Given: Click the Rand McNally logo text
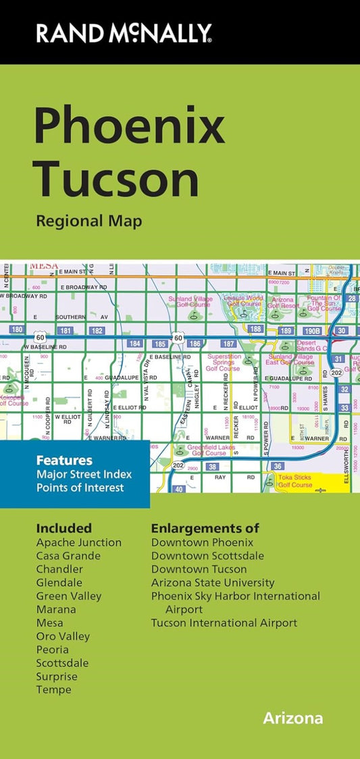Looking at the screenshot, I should coord(124,32).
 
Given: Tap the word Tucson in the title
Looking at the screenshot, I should coord(116,180).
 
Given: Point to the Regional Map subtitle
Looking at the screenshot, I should coord(89,221).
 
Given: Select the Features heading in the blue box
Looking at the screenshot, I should coord(64,461).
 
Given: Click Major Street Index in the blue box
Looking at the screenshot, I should coord(84,474).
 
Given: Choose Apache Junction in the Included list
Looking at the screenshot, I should coord(79,542).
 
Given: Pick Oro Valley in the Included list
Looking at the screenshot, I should coord(63,636).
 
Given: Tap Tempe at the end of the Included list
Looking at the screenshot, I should coord(53,689).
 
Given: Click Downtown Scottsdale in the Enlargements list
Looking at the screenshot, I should coord(207,556).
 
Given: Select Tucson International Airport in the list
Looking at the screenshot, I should coord(224,623).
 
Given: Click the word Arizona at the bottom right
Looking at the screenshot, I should coord(292,718).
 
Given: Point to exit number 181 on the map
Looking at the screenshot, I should coord(66,330).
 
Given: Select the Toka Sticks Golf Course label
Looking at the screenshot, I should coord(295,481).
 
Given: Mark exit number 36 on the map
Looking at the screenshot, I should coord(277,466).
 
